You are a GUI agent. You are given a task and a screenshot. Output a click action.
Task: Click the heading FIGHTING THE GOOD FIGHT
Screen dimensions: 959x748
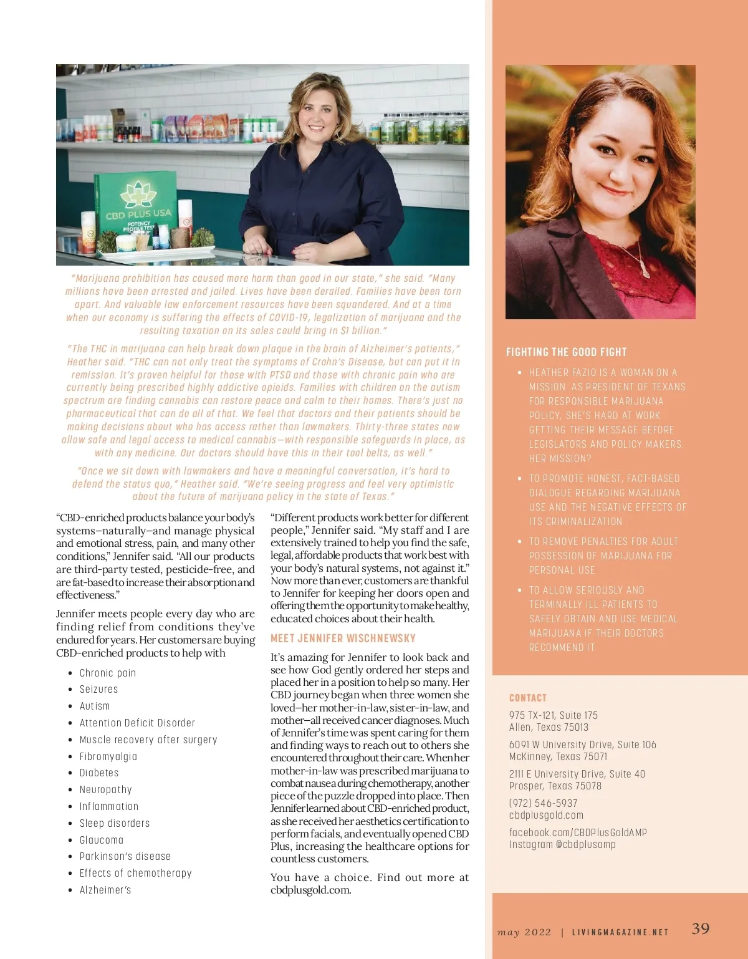566,352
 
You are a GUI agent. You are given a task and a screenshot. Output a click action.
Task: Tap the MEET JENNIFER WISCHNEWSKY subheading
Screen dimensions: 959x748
343,639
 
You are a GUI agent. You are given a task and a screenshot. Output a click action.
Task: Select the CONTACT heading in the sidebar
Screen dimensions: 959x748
527,698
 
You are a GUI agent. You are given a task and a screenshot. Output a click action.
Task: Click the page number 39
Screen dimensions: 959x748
701,928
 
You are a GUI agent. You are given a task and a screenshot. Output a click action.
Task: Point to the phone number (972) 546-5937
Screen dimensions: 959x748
543,803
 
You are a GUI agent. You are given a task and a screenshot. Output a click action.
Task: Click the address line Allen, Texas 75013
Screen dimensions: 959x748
549,727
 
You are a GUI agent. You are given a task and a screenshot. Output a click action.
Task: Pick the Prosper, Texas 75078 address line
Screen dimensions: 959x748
555,786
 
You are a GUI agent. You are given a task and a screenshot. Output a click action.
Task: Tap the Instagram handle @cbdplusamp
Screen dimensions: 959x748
562,844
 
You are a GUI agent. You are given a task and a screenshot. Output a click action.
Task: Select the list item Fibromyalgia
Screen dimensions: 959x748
108,756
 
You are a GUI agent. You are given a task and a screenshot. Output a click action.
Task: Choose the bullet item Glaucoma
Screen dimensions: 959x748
102,840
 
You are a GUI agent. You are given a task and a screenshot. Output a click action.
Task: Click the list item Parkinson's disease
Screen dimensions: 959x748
125,856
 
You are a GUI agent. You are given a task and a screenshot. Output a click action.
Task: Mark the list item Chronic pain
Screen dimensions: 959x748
107,673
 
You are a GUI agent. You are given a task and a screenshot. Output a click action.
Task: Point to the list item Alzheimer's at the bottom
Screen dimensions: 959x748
105,890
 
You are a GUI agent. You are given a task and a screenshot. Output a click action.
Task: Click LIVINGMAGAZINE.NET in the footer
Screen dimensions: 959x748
620,932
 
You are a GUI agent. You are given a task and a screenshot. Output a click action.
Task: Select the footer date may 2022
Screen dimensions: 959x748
524,932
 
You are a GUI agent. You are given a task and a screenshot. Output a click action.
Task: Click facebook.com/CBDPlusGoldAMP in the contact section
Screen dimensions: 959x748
578,832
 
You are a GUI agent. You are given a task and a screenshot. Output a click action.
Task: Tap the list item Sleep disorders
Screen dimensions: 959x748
115,823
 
